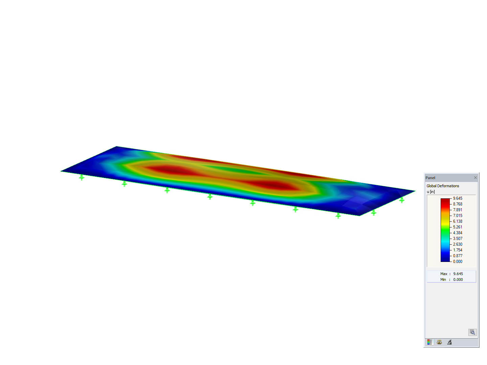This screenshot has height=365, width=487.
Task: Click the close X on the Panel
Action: (x=475, y=178)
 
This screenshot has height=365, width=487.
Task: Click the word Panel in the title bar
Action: (x=430, y=178)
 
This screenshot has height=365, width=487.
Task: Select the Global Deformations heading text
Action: (x=443, y=186)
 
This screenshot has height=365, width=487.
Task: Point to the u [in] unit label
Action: (x=431, y=192)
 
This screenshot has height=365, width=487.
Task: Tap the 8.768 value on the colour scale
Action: (x=458, y=204)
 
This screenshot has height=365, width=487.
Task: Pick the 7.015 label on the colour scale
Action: (x=458, y=216)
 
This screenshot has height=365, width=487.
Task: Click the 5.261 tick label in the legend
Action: (x=458, y=227)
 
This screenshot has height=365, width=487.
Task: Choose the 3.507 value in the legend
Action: (x=458, y=239)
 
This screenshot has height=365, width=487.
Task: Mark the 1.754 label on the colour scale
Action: (x=458, y=250)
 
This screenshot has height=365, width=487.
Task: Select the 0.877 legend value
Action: (x=458, y=256)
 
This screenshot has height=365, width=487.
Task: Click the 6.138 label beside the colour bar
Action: (x=458, y=221)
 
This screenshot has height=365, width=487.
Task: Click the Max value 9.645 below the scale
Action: (x=458, y=274)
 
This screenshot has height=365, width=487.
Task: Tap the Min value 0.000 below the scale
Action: (x=458, y=279)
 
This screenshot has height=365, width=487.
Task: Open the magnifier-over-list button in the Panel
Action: (x=472, y=332)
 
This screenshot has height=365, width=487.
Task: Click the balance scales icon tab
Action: (x=439, y=342)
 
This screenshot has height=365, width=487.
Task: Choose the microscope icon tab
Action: (x=449, y=342)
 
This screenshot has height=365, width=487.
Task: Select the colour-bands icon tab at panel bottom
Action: (x=430, y=342)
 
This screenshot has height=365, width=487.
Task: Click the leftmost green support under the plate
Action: (x=82, y=177)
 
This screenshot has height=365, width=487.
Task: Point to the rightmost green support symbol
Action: (x=401, y=200)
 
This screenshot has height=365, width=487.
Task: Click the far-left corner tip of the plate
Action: (x=61, y=171)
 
